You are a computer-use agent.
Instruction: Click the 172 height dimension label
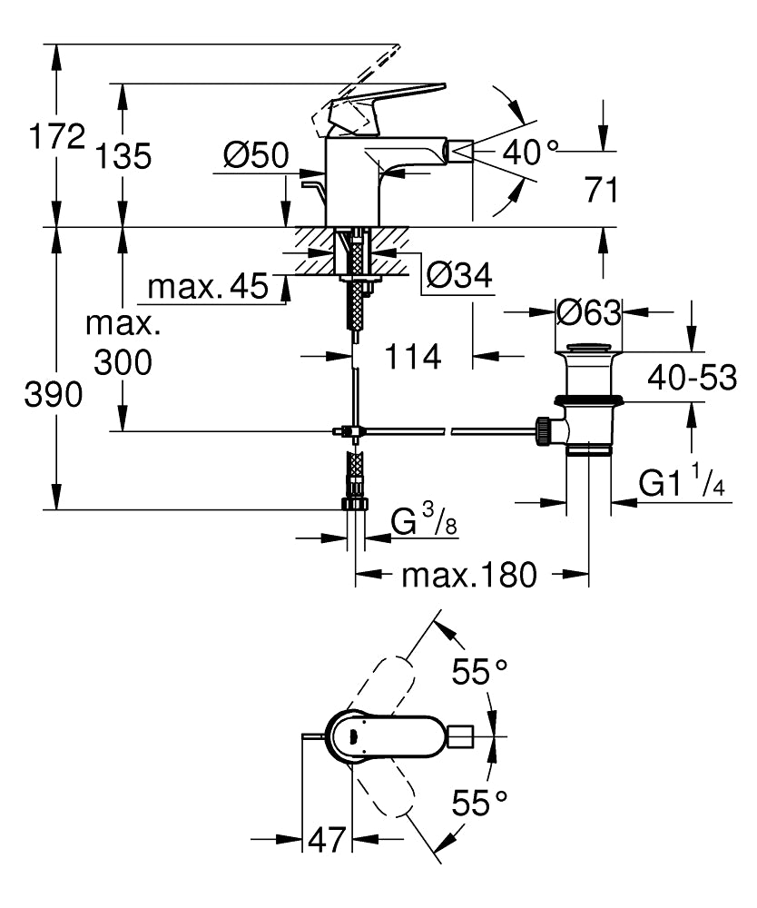tap(57, 138)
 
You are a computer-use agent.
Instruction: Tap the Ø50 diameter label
tap(255, 156)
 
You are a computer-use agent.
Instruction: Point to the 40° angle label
tap(530, 153)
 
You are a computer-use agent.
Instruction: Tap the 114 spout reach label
tap(414, 357)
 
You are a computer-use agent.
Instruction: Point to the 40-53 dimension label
tap(693, 377)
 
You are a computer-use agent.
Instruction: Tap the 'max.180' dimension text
tap(470, 574)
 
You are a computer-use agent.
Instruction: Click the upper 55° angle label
tap(480, 673)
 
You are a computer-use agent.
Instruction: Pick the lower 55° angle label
tap(480, 804)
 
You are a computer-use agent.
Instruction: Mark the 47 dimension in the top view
tap(326, 840)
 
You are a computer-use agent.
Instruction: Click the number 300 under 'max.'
tap(123, 362)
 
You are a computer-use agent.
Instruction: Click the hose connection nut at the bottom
tap(353, 504)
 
